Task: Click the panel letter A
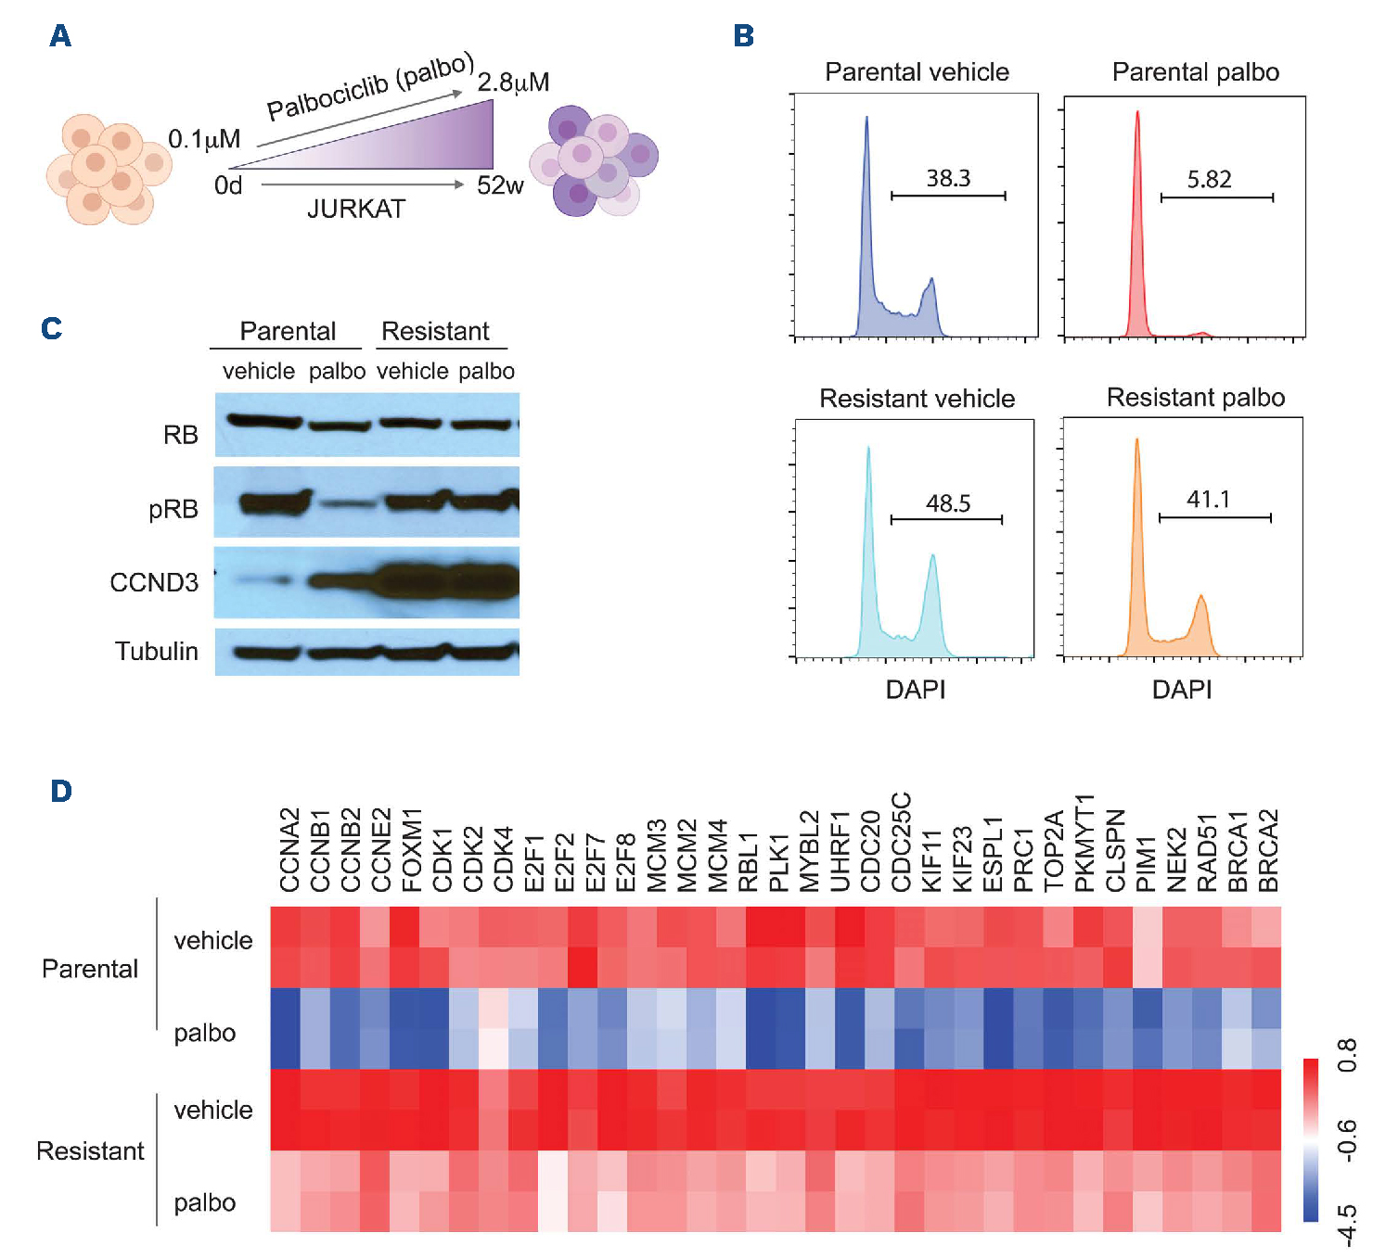(60, 36)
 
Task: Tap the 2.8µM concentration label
(513, 83)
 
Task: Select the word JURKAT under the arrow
(356, 210)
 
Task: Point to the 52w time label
(500, 185)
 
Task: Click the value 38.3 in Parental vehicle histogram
(948, 178)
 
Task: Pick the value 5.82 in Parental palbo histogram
(1209, 179)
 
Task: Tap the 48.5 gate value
(948, 503)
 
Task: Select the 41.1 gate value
(1208, 500)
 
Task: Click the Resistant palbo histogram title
(1195, 398)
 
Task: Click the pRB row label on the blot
(173, 509)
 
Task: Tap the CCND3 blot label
(154, 582)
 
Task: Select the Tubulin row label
(157, 651)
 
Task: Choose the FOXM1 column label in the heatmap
(412, 849)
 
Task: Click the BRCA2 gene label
(1268, 850)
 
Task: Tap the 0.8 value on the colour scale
(1347, 1055)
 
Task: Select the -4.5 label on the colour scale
(1347, 1225)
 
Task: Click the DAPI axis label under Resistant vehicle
(916, 690)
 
